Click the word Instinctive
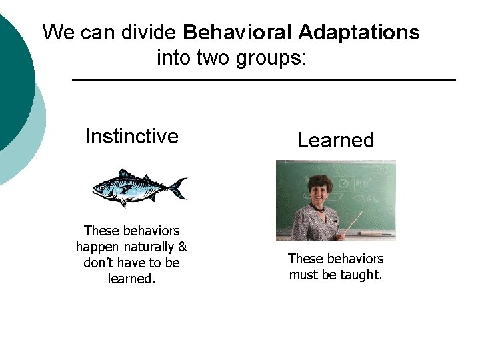(x=131, y=137)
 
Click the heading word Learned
(x=335, y=141)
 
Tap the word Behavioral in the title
(x=237, y=32)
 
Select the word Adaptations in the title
(x=359, y=32)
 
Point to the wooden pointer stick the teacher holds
(x=353, y=223)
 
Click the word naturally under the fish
(x=147, y=247)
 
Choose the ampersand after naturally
(x=183, y=247)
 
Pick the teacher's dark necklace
(x=321, y=208)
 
